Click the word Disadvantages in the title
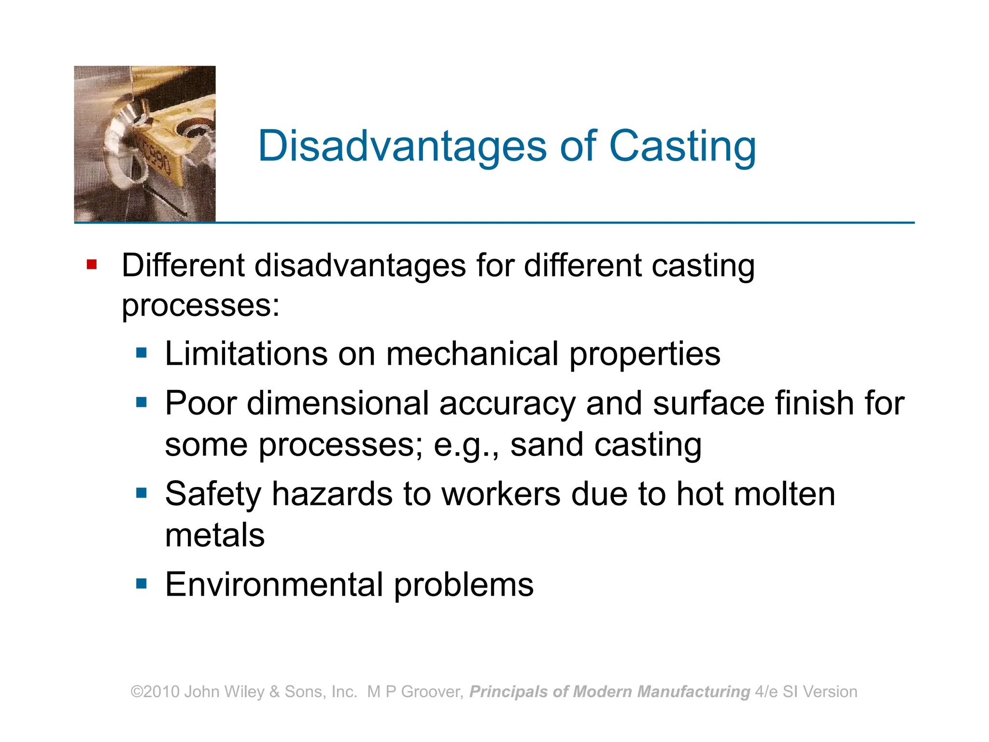[x=402, y=146]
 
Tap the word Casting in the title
[x=682, y=146]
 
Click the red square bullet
[x=92, y=265]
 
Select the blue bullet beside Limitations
[x=141, y=353]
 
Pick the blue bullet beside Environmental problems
[x=141, y=584]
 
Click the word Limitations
[x=246, y=354]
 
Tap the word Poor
[x=200, y=403]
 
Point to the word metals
[x=215, y=535]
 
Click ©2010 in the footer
[x=155, y=692]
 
